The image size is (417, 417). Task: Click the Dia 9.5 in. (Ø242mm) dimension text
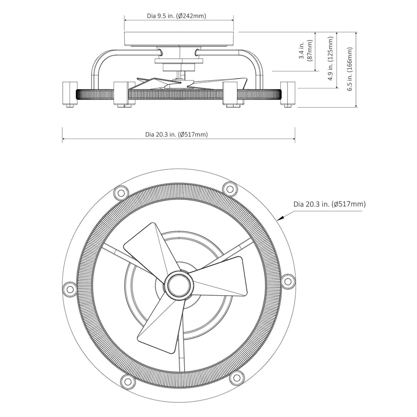pyautogui.click(x=176, y=16)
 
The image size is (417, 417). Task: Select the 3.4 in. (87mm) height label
pyautogui.click(x=306, y=51)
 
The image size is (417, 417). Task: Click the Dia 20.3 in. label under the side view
pyautogui.click(x=176, y=134)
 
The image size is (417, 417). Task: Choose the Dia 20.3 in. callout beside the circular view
pyautogui.click(x=329, y=204)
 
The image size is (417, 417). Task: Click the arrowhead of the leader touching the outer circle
pyautogui.click(x=279, y=219)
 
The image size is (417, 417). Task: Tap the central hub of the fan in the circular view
pyautogui.click(x=178, y=284)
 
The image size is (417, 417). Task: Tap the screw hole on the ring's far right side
pyautogui.click(x=288, y=281)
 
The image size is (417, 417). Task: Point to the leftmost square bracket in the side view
pyautogui.click(x=69, y=93)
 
